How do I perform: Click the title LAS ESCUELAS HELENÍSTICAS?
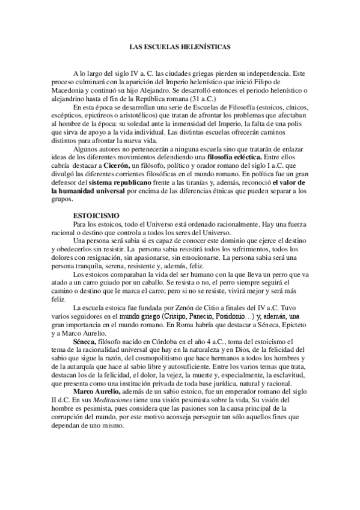(180, 46)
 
